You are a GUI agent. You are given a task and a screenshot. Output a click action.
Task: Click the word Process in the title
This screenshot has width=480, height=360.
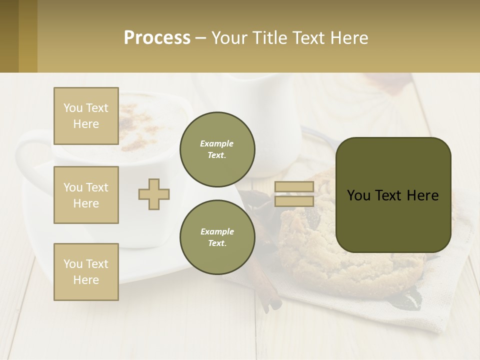point(157,38)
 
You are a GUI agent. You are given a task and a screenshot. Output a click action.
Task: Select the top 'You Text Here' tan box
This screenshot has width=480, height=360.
point(86,116)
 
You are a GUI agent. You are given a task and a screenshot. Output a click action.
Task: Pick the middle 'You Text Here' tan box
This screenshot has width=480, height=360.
point(86,195)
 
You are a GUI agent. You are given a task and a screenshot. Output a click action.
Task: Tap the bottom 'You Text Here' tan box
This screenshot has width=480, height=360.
point(86,272)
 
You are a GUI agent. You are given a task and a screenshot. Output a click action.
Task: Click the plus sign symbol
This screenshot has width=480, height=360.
point(154,194)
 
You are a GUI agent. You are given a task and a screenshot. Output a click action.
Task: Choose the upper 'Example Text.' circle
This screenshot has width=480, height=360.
point(217,149)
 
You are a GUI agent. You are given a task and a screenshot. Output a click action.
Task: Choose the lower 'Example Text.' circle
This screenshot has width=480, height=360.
point(217,237)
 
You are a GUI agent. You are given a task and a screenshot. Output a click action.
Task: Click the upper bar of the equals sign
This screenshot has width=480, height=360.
point(294,186)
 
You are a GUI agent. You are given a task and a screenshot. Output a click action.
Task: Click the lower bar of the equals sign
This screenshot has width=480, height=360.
point(294,201)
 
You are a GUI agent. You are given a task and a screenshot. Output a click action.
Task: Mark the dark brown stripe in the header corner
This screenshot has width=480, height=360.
point(9,36)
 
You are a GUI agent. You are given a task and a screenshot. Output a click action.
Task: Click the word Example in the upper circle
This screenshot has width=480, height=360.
point(217,143)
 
